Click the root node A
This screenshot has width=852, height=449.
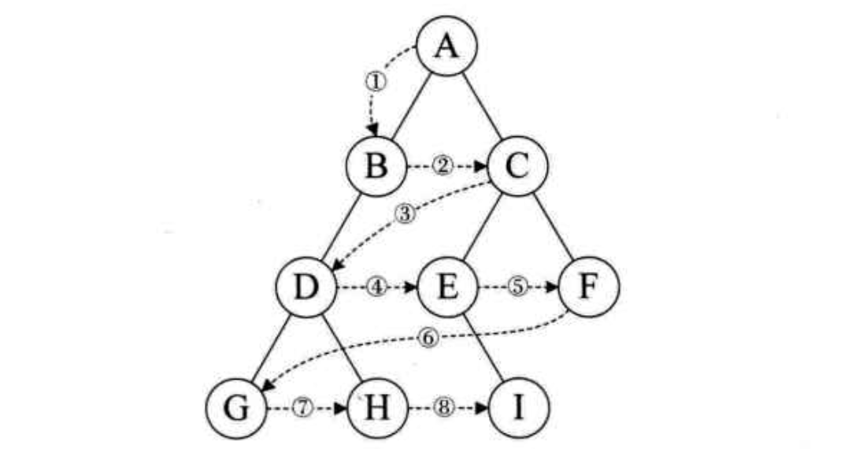[x=446, y=47]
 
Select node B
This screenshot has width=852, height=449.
[x=377, y=167]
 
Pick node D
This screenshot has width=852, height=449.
[x=307, y=288]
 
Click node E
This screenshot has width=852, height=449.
[x=447, y=288]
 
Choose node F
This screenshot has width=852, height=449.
[x=589, y=288]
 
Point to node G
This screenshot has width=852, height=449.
[x=236, y=409]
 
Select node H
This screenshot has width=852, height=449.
[x=377, y=409]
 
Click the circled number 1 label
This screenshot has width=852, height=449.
[x=375, y=80]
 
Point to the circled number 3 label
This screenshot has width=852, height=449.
[x=406, y=214]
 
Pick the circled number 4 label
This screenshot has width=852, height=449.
[x=377, y=288]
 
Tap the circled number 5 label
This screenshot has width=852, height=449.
[x=517, y=288]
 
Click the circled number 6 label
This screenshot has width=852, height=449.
[x=428, y=337]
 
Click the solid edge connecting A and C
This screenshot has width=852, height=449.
[x=482, y=107]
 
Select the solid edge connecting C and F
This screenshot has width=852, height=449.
[x=554, y=228]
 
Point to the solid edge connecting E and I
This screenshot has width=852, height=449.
[x=483, y=348]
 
